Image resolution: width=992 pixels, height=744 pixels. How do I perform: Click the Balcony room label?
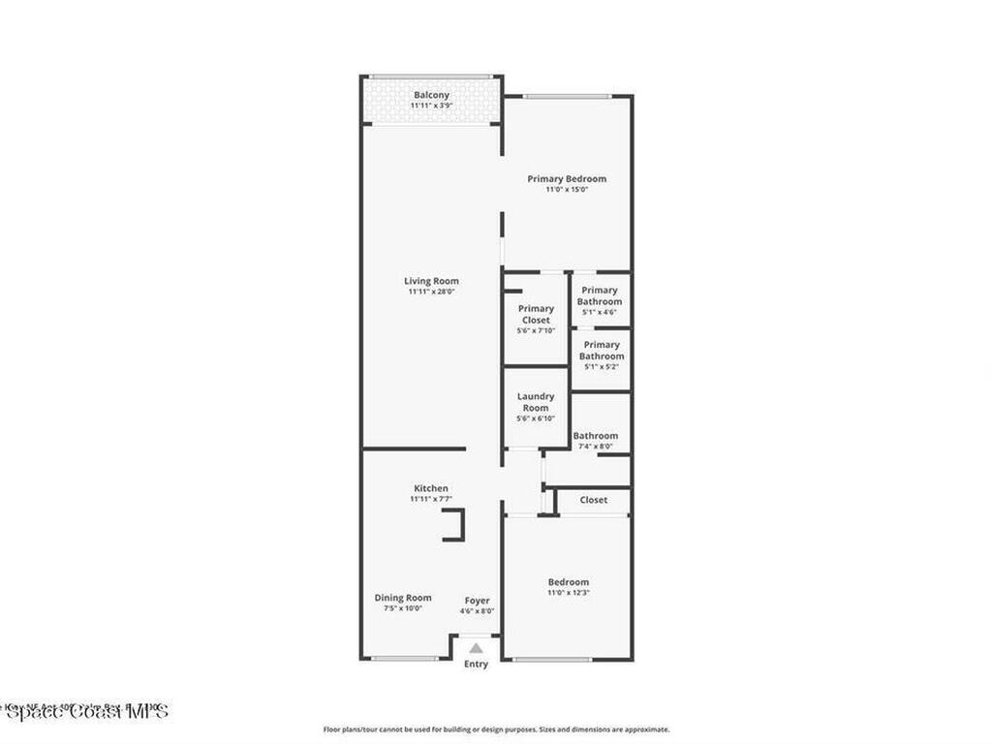[431, 95]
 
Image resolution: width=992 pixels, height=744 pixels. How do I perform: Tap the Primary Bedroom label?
[567, 178]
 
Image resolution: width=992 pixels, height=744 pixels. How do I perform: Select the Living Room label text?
[431, 281]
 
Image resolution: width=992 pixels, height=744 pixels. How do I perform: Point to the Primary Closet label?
[536, 314]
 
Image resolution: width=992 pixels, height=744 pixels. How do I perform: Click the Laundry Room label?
[536, 402]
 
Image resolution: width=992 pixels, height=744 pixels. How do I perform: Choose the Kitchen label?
[431, 488]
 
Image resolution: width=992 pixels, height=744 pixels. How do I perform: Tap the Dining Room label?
[403, 598]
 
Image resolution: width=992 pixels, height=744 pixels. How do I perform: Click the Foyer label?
[477, 601]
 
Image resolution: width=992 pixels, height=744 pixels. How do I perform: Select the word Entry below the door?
[476, 665]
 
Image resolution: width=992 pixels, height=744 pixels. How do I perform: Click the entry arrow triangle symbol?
[476, 648]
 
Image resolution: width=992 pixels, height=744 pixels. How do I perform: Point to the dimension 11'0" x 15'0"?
[567, 190]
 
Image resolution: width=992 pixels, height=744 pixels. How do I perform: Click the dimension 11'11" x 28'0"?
[431, 292]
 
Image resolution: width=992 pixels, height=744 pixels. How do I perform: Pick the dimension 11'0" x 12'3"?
[569, 593]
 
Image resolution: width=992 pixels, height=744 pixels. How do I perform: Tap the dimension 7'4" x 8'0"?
[595, 447]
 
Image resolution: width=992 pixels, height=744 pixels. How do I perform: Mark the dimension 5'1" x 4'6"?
[600, 312]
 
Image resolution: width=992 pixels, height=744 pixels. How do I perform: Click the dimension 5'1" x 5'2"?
[602, 366]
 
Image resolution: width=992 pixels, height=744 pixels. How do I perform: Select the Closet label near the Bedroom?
[594, 500]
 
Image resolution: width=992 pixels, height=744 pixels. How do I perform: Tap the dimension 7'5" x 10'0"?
[403, 609]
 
